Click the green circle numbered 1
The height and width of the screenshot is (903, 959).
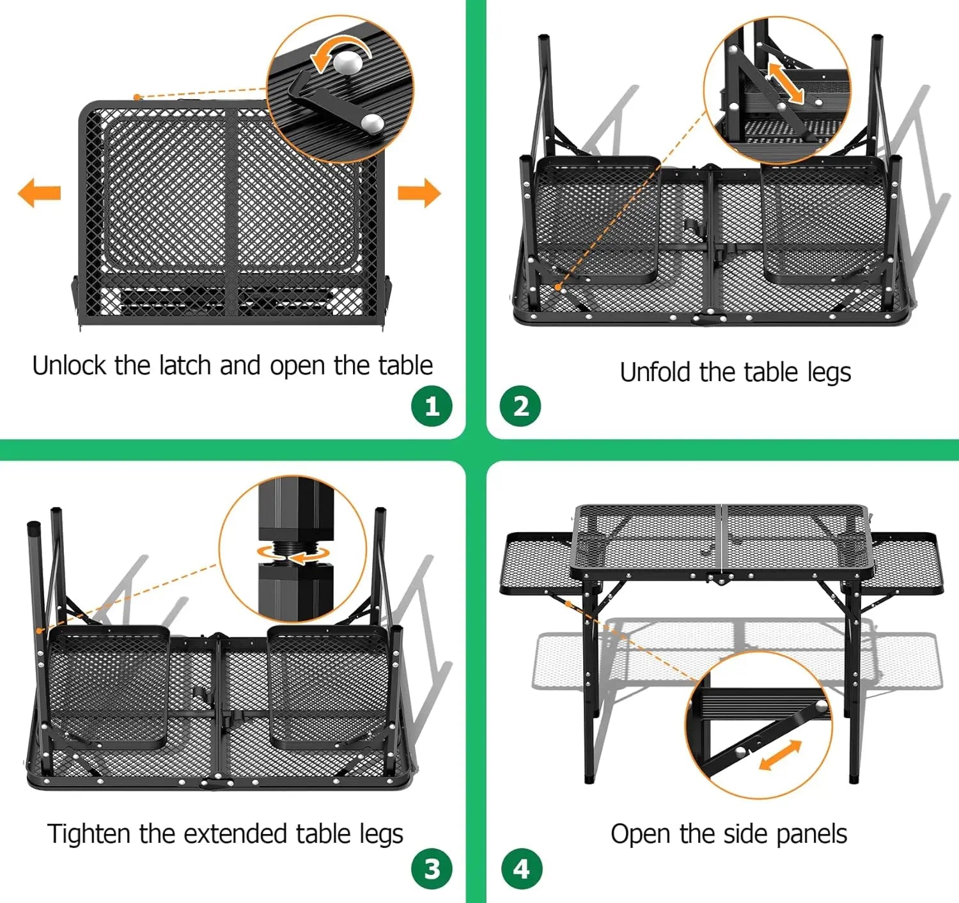click(432, 407)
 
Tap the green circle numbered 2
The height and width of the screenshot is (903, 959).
click(520, 407)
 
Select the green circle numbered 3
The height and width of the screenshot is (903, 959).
click(432, 868)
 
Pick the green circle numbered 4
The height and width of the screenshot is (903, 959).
click(521, 868)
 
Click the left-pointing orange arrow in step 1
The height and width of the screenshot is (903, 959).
click(39, 192)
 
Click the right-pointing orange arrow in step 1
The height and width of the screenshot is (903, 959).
click(419, 192)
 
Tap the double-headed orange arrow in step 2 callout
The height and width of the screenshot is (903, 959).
click(786, 82)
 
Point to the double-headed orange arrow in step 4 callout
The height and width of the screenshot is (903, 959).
click(780, 755)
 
